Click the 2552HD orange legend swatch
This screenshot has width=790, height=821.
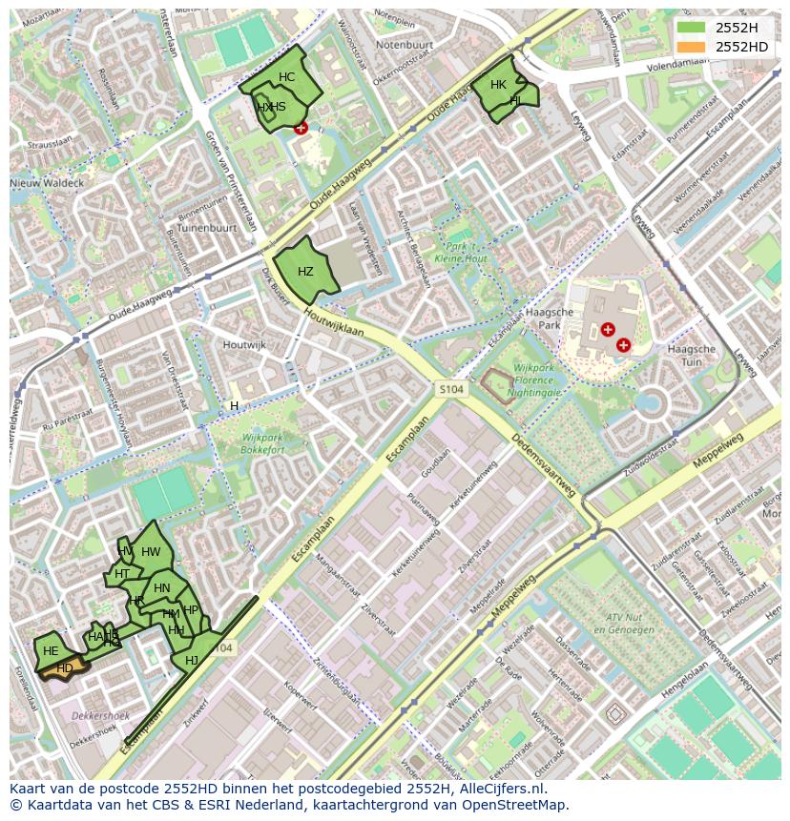coord(693,47)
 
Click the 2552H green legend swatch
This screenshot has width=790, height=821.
coord(693,28)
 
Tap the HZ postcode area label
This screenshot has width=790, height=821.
coord(305,272)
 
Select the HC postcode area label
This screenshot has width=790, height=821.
coord(287,77)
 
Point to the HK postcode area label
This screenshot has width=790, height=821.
coord(498,85)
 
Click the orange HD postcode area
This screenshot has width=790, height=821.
coord(65,669)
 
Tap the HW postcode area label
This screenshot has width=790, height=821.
coord(151,552)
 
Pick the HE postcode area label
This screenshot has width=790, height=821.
coord(51,651)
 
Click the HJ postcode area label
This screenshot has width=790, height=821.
coord(192,661)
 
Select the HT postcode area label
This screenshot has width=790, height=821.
coord(122,574)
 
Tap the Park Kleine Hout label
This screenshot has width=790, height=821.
coord(461,253)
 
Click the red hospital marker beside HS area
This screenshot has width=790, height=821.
coord(301,128)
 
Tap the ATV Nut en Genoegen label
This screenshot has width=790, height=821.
coord(615,625)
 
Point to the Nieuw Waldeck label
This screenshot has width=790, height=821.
coord(47,182)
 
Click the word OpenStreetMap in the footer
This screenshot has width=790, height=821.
coord(516,805)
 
